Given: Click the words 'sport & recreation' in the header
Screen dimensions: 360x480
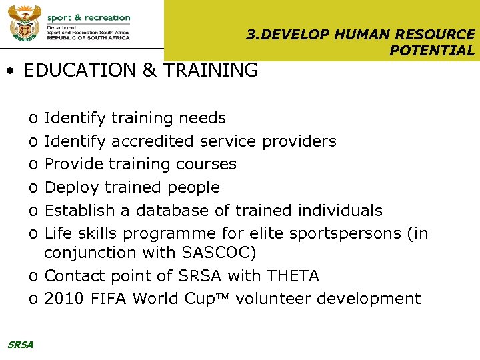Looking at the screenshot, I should [89, 18].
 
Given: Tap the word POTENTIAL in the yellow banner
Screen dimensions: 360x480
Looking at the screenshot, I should [432, 51].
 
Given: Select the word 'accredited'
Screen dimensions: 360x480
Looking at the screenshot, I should [153, 141].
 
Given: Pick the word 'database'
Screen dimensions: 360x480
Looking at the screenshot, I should [172, 211].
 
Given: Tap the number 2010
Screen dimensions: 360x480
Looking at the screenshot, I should [63, 299].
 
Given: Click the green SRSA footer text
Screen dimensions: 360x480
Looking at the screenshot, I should [20, 345].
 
